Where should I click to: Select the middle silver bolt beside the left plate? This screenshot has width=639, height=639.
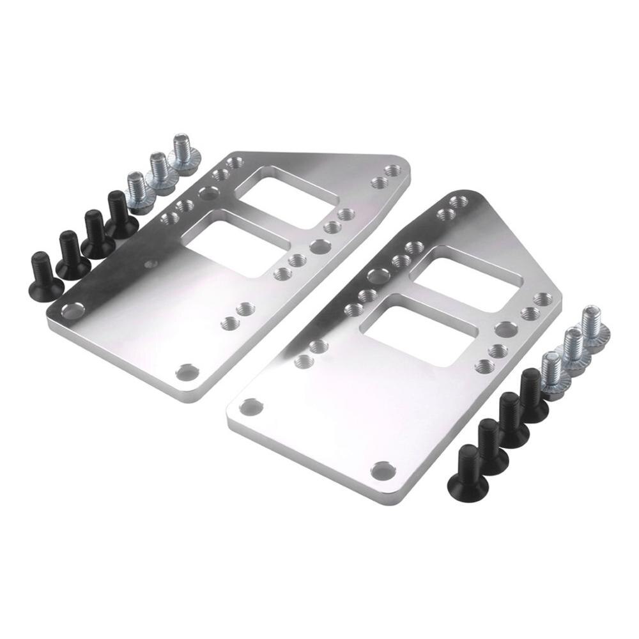(160, 169)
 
